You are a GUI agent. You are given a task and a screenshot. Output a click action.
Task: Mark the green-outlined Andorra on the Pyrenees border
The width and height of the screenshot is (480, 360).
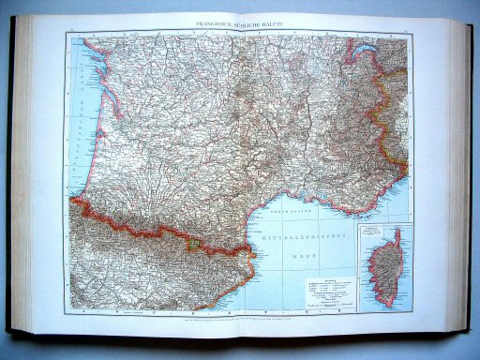pos(193,245)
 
